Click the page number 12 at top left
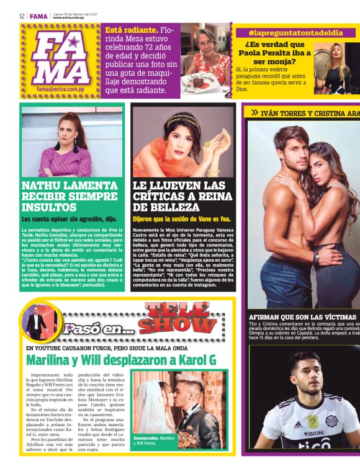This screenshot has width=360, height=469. [22, 16]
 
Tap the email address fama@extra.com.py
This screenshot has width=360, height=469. [61, 89]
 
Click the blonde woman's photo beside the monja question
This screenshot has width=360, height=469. [341, 65]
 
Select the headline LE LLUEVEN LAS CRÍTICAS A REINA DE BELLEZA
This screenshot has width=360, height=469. [180, 195]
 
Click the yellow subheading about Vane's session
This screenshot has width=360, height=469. [181, 219]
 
